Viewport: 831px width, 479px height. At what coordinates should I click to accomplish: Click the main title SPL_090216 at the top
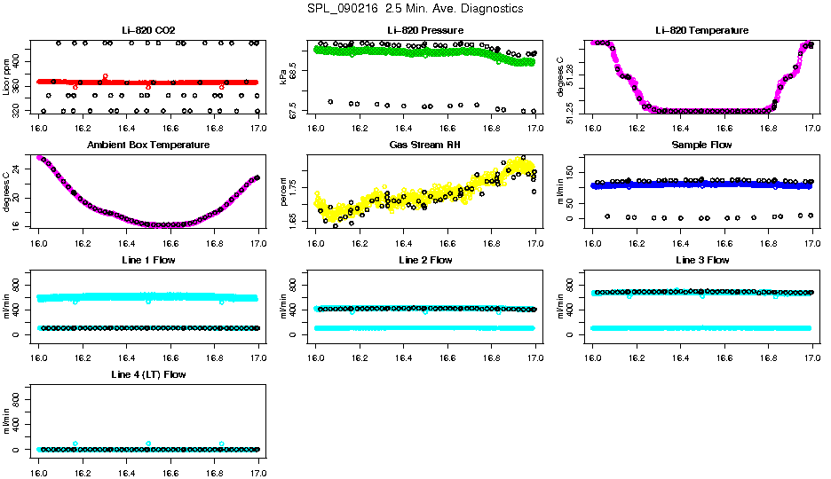click(415, 9)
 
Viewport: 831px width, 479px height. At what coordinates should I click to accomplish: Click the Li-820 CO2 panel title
click(148, 31)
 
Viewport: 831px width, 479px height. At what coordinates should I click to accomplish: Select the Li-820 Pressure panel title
click(425, 31)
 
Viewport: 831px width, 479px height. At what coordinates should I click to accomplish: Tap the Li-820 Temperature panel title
click(701, 31)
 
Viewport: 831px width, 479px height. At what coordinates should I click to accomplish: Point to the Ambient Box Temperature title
click(148, 145)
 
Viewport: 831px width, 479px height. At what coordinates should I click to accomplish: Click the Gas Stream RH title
click(425, 145)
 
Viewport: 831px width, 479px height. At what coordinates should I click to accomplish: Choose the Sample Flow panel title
click(701, 145)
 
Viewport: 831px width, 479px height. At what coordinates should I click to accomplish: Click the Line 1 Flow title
click(148, 260)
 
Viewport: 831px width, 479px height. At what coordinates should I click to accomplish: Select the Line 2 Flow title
click(425, 260)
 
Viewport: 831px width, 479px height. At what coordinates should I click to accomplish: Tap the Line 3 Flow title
click(701, 260)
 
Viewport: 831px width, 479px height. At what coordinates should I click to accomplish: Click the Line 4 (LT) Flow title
click(148, 374)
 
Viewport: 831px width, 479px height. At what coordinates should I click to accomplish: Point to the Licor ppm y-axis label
click(6, 77)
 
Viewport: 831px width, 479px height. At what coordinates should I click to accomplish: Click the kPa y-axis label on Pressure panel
click(283, 77)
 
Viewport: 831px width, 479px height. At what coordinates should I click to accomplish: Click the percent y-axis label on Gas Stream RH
click(283, 192)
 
